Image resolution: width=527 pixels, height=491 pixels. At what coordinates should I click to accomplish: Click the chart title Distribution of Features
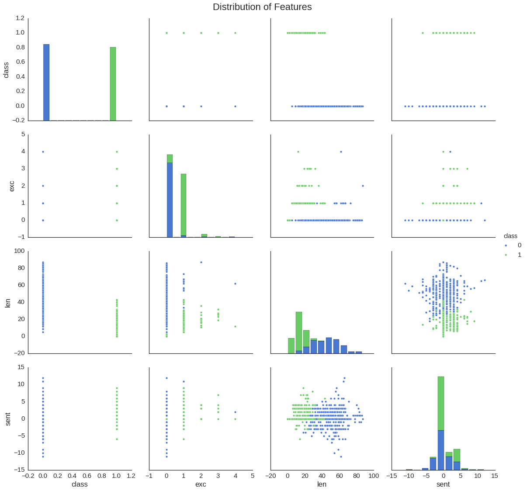(262, 7)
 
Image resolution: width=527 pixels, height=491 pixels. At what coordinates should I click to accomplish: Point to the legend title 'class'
(510, 236)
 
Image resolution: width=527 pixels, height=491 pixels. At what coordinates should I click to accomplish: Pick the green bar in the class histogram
(113, 83)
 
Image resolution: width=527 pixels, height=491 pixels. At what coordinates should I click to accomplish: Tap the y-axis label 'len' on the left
(7, 302)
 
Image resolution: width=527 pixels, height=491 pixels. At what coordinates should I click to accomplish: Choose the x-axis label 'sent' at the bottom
(443, 484)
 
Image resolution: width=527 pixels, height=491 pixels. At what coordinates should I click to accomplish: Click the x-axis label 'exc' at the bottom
(201, 484)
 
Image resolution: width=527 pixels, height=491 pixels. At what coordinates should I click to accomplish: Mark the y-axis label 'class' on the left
(6, 70)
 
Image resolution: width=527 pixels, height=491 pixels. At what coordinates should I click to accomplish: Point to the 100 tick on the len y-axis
(19, 251)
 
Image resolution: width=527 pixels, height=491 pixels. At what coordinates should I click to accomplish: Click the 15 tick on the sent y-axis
(21, 367)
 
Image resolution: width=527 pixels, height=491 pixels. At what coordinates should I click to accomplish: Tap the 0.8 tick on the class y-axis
(20, 47)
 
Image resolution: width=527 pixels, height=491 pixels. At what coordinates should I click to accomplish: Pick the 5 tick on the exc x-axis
(253, 475)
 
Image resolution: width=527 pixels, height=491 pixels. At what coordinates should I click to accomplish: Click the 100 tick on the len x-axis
(374, 475)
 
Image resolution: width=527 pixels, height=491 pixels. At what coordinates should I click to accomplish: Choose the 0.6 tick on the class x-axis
(87, 475)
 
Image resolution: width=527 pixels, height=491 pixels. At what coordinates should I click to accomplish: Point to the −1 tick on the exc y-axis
(20, 237)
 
